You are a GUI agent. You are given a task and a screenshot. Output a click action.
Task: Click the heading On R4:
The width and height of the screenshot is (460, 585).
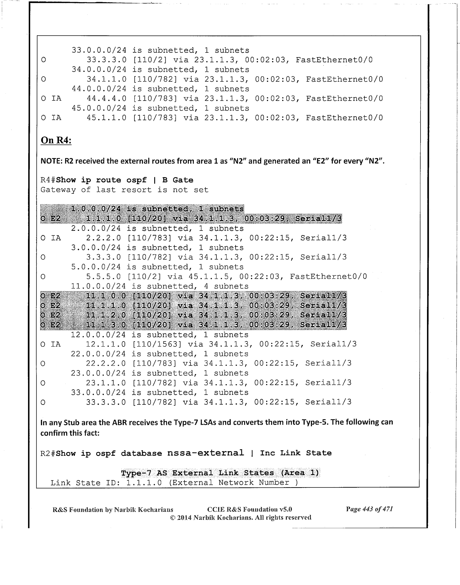56,140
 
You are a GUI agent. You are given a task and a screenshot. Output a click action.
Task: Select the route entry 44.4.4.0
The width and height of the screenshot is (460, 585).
106,98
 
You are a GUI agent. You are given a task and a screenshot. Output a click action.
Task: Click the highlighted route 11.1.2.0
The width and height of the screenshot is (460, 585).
106,315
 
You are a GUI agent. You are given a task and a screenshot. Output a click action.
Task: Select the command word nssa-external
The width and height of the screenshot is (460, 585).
205,453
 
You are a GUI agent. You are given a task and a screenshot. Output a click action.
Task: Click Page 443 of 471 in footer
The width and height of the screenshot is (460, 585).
369,509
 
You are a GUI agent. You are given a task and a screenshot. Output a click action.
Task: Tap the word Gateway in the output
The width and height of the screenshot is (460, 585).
58,190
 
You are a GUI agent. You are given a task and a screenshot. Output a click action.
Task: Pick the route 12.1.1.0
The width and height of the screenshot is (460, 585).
106,344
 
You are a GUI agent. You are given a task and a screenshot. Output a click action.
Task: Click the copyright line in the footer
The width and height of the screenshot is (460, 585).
240,517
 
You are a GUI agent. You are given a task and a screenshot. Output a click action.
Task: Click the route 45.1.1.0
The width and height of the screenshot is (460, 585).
106,118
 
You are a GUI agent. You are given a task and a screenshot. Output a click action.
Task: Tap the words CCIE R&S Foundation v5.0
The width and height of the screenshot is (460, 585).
250,509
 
